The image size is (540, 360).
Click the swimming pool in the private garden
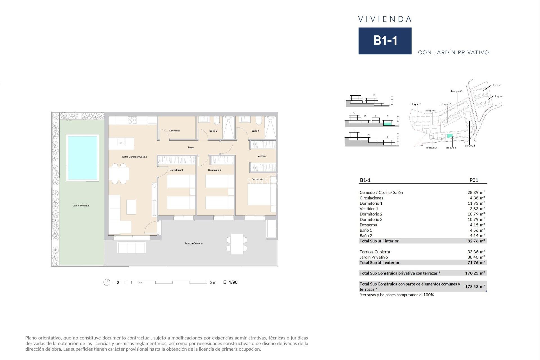click(x=82, y=158)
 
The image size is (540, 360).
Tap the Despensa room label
click(x=175, y=131)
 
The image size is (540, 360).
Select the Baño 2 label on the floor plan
click(x=213, y=131)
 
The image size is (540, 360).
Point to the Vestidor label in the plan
click(x=262, y=156)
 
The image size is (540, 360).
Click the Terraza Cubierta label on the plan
click(x=193, y=244)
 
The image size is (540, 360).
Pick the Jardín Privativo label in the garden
click(x=81, y=206)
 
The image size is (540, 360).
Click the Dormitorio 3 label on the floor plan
click(x=176, y=170)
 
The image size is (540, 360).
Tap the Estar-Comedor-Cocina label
click(x=134, y=157)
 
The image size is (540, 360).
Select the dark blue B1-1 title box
click(x=385, y=41)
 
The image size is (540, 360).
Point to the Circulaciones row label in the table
click(x=371, y=198)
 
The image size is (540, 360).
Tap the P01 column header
click(x=474, y=180)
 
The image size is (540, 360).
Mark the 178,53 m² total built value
click(x=475, y=287)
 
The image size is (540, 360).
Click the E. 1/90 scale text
click(x=230, y=282)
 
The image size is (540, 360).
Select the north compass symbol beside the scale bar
click(x=107, y=282)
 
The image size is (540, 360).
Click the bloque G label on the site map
click(x=456, y=91)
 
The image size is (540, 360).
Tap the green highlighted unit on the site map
click(x=450, y=136)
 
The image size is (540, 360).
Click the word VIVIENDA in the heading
click(x=385, y=19)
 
